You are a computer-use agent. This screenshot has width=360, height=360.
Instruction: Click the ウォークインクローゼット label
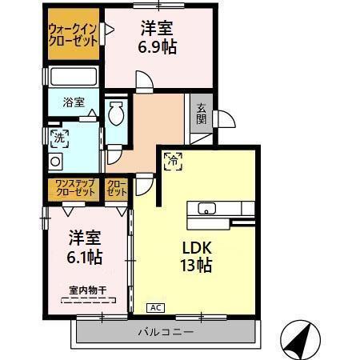coord(74,34)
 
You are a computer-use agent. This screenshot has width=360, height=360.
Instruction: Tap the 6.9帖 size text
coord(159,46)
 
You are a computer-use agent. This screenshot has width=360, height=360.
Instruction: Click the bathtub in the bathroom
coord(74,78)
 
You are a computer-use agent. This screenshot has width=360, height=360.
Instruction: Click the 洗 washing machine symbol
coord(57,138)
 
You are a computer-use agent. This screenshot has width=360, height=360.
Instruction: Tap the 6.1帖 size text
coord(84,258)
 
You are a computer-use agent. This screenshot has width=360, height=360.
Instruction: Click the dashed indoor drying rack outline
coord(88,302)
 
